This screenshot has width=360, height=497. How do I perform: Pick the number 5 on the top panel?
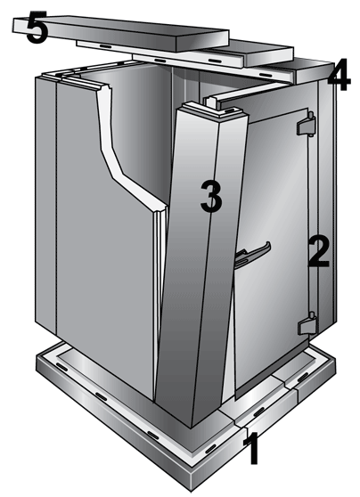[x=37, y=27]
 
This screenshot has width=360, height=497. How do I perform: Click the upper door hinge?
[x=306, y=124]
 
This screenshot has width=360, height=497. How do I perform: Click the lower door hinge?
[x=307, y=324]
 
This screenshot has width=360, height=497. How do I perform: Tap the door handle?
[x=252, y=254]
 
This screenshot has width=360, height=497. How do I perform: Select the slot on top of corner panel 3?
[x=232, y=110]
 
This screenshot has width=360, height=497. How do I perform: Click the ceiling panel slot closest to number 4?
[x=266, y=75]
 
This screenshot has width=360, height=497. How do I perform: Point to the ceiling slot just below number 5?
[x=106, y=46]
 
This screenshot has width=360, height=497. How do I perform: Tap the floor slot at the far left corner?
[x=62, y=367]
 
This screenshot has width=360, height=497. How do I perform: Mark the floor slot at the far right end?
[x=303, y=377]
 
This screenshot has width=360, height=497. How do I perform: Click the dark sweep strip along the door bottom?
[x=272, y=369]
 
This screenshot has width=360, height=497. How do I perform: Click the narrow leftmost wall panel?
[x=45, y=205]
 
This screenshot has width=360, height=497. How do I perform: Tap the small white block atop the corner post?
[x=211, y=102]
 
